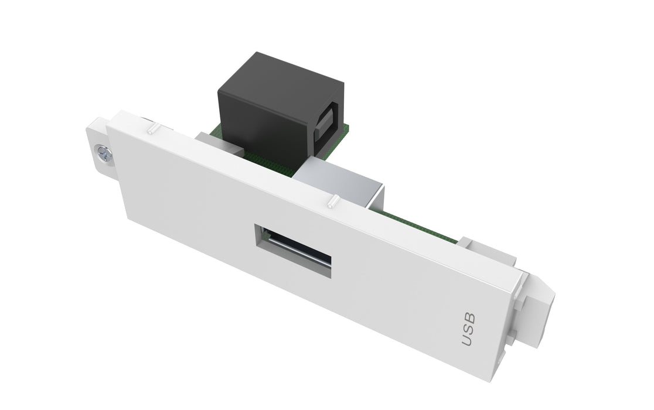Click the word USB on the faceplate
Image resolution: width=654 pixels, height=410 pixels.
[469, 329]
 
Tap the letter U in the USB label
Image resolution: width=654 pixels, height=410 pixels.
[468, 340]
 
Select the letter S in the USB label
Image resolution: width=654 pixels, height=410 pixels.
[469, 329]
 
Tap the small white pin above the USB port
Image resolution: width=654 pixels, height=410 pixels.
[332, 203]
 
